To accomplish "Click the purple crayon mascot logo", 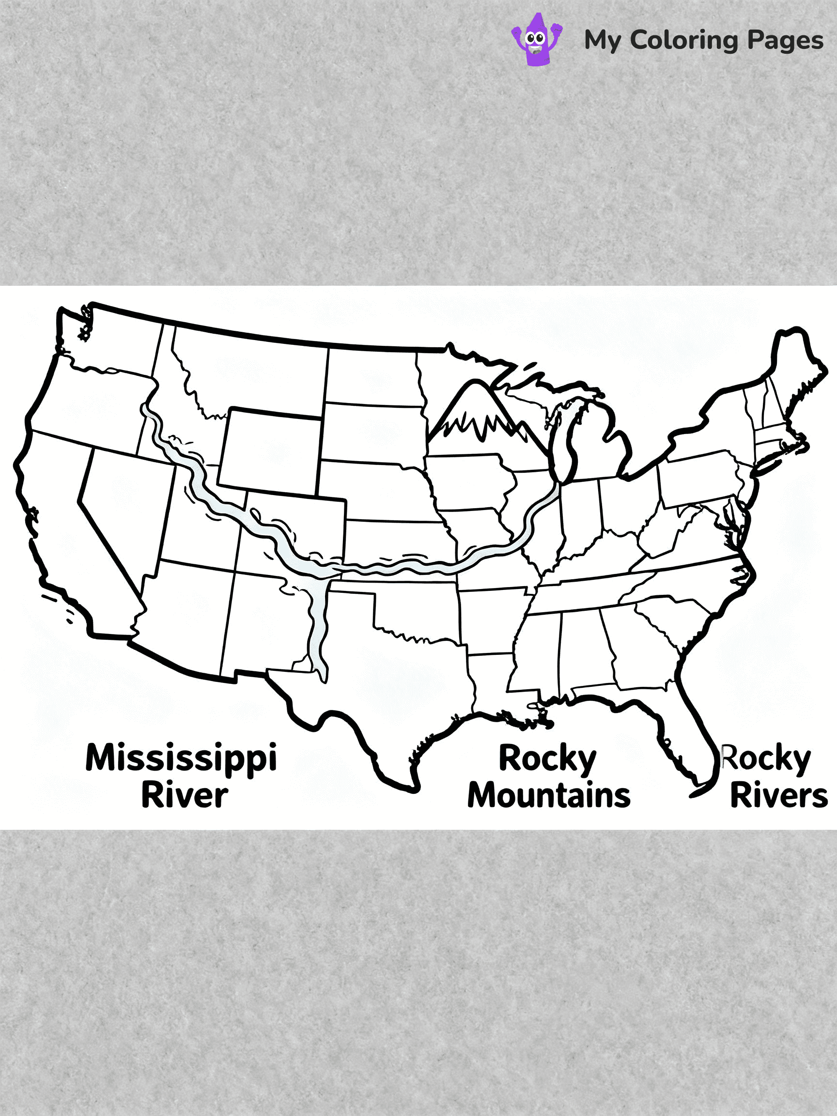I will coord(537,40).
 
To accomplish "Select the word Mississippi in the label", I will coord(181,759).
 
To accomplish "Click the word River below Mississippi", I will coord(184,796).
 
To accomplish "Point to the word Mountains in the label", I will coord(549,796).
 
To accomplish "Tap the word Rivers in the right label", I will coord(778,796).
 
